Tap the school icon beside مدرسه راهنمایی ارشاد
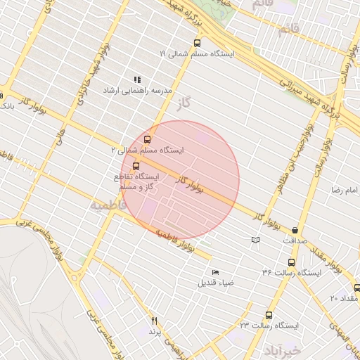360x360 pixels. pos(137,79)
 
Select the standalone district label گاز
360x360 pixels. pos(185,103)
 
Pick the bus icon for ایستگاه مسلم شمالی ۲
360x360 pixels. pos(148,139)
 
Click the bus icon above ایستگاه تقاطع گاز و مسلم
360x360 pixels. pos(136,166)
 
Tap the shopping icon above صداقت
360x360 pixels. pos(294,229)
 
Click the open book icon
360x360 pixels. pos(255,240)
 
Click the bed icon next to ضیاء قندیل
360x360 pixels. pos(215,272)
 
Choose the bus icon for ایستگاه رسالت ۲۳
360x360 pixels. pos(269,315)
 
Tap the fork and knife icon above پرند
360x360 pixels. pos(153,321)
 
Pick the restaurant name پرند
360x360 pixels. pos(155,330)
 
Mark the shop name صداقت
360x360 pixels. pos(295,240)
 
